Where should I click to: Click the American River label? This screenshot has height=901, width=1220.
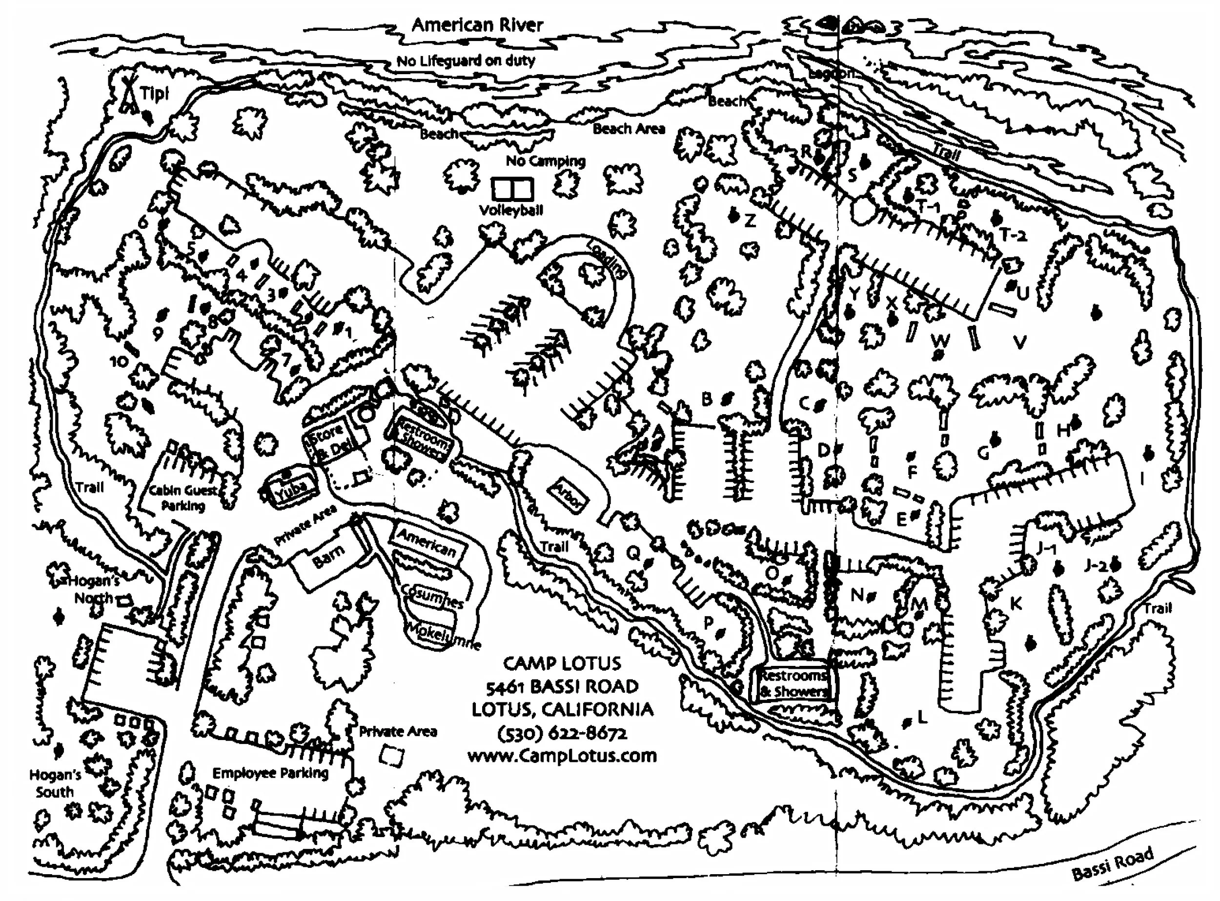click(x=477, y=25)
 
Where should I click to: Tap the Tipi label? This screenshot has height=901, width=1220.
click(x=155, y=94)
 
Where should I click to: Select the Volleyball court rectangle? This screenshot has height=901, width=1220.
click(x=512, y=189)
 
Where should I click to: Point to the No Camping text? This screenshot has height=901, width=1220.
click(x=545, y=161)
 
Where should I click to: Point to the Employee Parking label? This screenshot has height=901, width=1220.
click(x=270, y=773)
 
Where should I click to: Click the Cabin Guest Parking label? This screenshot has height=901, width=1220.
click(x=183, y=498)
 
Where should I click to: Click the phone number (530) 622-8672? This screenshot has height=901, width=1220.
click(x=563, y=733)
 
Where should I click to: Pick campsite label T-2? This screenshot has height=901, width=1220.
click(x=1013, y=235)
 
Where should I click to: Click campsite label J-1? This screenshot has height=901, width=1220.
click(x=1046, y=549)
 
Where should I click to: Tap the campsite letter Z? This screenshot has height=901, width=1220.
click(x=750, y=221)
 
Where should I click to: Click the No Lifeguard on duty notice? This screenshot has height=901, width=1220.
click(x=466, y=60)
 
